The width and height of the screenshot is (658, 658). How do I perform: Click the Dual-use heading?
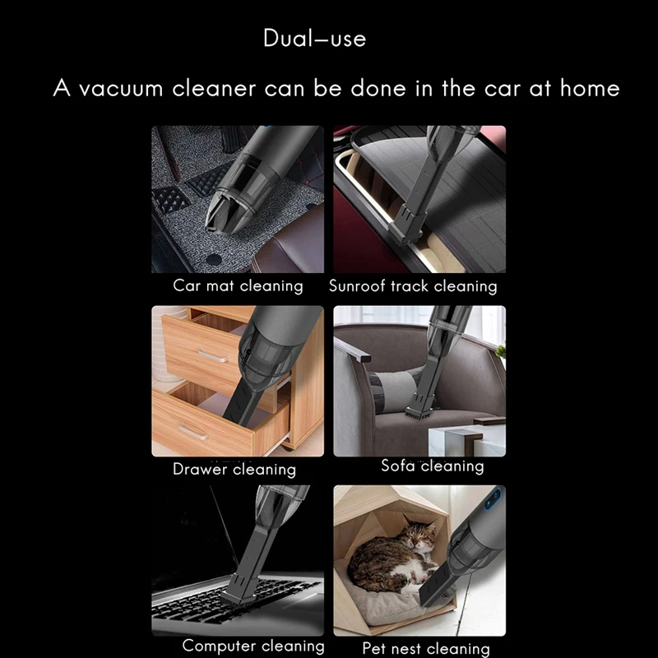(x=315, y=38)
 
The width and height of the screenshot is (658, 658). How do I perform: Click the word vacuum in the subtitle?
(x=121, y=88)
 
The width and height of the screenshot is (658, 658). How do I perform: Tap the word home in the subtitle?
(x=590, y=88)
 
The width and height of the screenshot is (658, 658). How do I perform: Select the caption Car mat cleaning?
(x=238, y=285)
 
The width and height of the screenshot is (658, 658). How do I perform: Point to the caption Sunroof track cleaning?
(x=413, y=285)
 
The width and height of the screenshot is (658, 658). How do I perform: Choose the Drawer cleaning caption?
(x=234, y=469)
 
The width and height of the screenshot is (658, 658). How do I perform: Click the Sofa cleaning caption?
(x=433, y=466)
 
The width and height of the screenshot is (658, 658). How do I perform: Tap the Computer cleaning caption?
(x=253, y=646)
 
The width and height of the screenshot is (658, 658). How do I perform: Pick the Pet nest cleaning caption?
(x=426, y=649)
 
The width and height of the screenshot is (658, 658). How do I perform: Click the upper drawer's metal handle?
(x=213, y=356)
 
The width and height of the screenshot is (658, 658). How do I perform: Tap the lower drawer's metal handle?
(x=193, y=431)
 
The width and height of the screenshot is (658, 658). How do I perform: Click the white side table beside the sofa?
(x=466, y=441)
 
